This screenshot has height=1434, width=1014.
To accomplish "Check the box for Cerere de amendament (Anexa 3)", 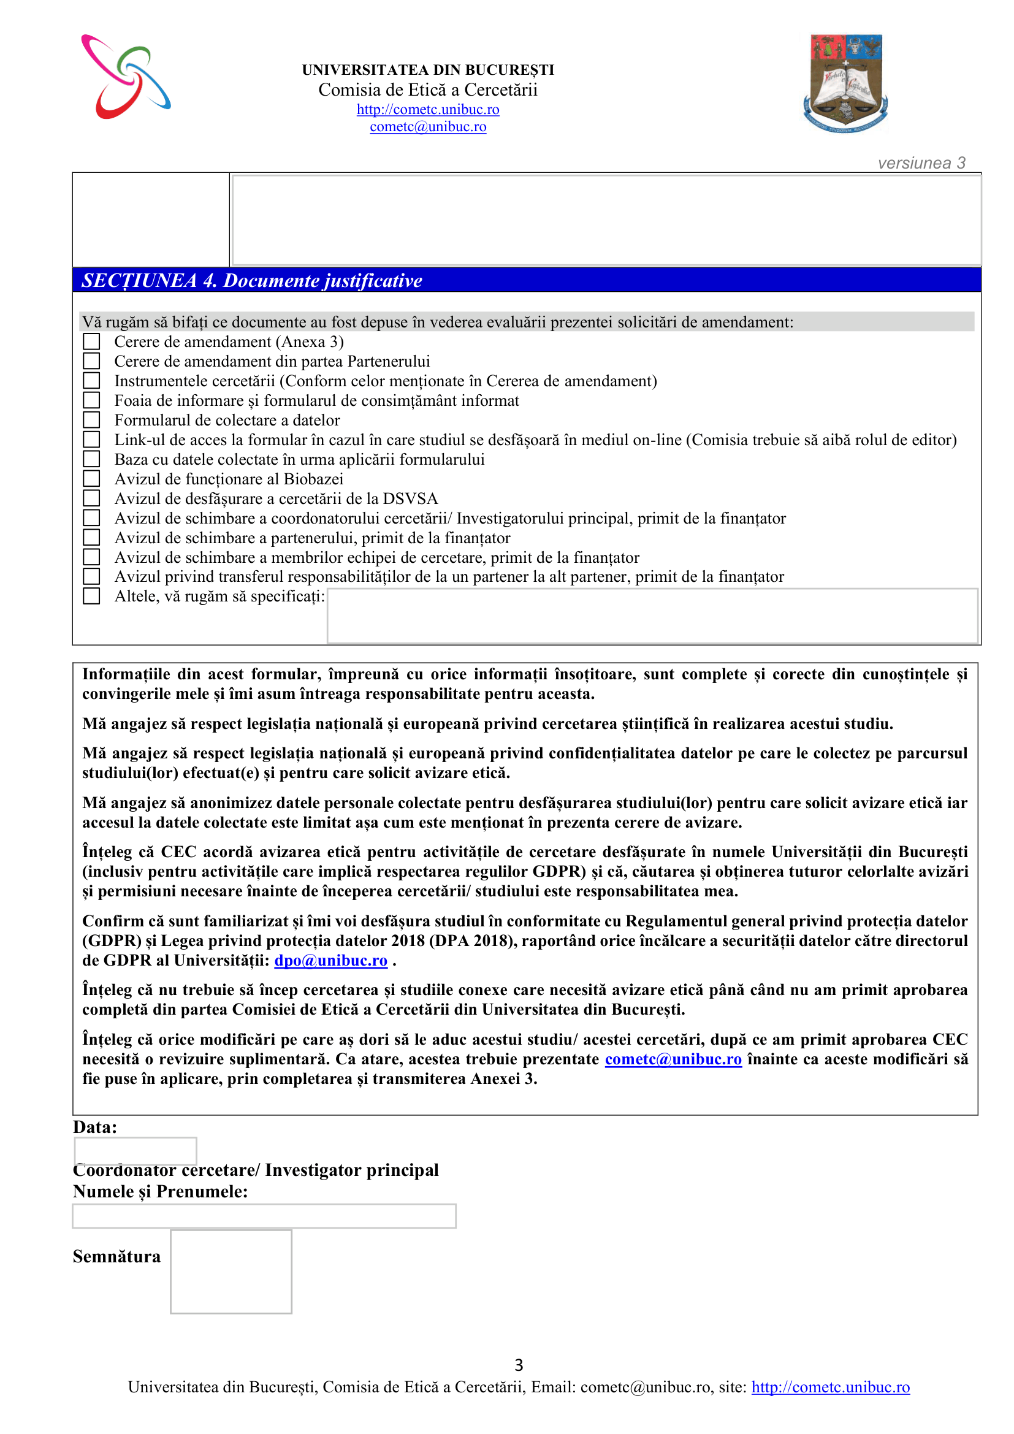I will click(92, 341).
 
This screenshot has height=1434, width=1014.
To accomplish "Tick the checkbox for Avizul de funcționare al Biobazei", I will click(92, 478).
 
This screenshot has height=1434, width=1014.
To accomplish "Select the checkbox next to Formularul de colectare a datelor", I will click(92, 420).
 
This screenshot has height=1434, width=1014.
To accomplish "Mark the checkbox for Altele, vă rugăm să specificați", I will click(92, 596).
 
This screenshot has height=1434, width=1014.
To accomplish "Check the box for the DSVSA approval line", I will click(92, 498).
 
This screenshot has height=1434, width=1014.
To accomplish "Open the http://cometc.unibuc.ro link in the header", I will click(428, 109).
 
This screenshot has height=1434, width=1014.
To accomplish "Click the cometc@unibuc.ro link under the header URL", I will click(428, 127).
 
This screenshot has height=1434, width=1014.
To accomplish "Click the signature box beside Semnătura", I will click(231, 1272).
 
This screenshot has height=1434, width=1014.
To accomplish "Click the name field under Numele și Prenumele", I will click(264, 1216).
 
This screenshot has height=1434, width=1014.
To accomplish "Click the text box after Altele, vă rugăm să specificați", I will click(652, 615).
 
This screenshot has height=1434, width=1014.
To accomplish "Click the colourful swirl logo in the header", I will click(126, 76).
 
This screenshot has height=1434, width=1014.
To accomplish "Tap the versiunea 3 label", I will click(921, 163).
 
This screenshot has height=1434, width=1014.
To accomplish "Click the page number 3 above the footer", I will click(519, 1365).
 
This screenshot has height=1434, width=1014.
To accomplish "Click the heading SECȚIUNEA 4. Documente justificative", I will click(251, 280).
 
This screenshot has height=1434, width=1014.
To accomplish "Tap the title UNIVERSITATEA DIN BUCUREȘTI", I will click(428, 70).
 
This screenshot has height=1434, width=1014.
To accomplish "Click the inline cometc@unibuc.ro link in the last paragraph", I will click(673, 1059).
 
